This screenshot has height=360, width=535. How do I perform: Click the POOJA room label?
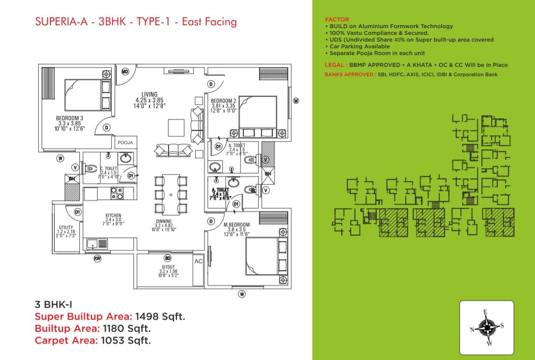click(125, 143)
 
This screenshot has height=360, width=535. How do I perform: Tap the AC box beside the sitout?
click(198, 261)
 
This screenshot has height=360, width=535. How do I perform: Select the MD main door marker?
click(125, 71)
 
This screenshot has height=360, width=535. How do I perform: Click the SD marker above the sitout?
click(168, 258)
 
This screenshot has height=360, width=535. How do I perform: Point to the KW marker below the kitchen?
click(98, 258)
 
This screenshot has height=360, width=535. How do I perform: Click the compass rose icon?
click(487, 328)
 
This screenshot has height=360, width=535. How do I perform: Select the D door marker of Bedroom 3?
click(107, 127)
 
